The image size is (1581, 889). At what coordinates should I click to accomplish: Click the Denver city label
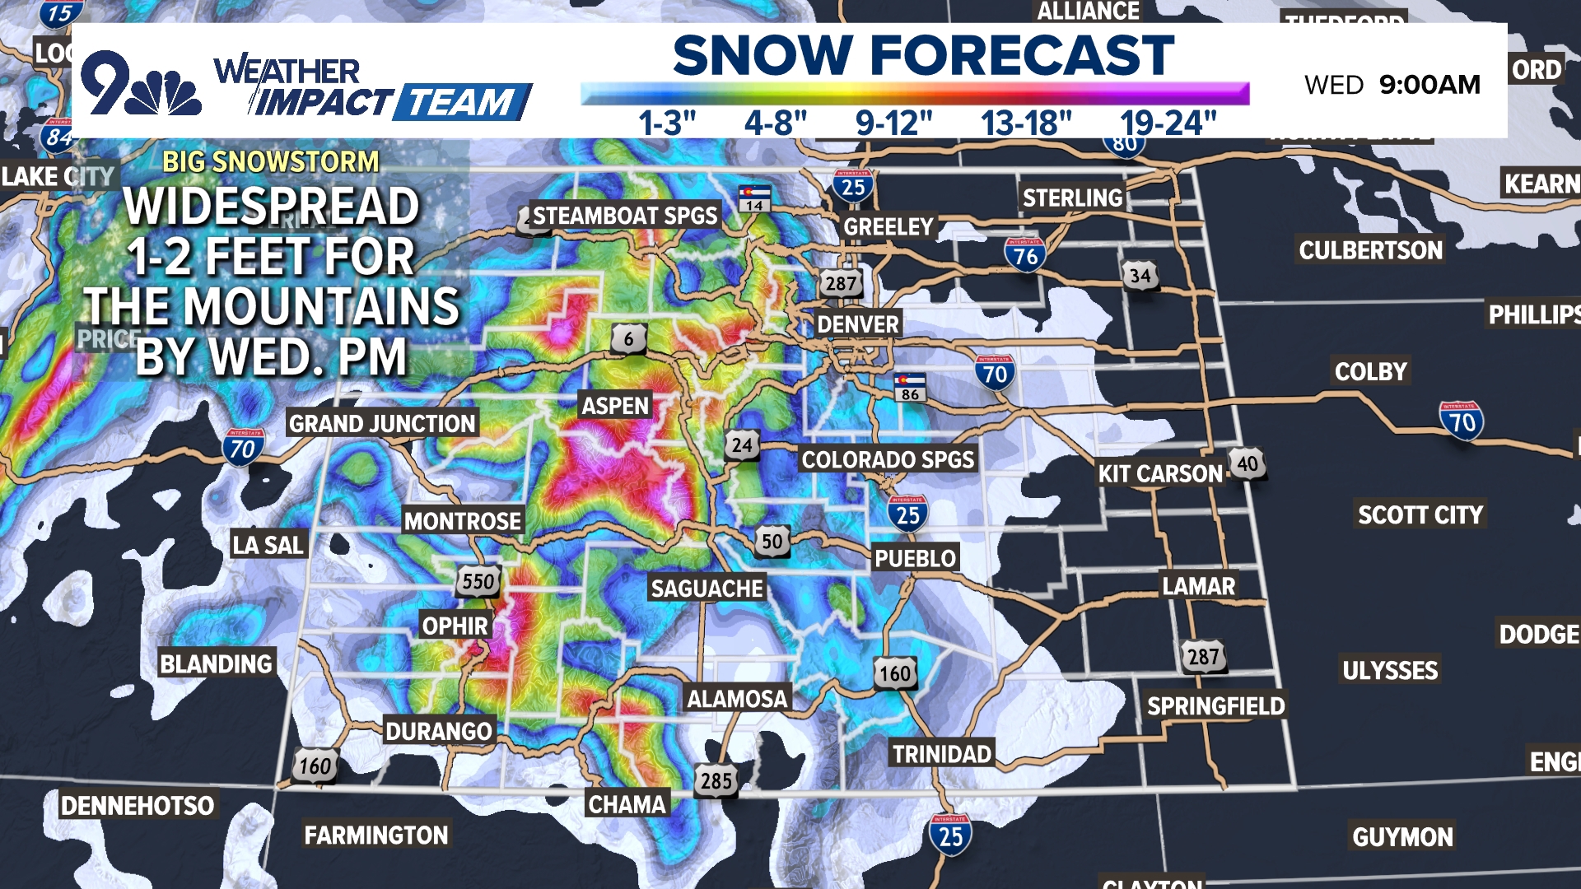tap(857, 324)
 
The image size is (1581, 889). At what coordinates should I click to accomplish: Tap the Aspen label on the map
tap(615, 406)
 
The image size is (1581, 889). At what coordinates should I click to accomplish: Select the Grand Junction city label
tap(382, 424)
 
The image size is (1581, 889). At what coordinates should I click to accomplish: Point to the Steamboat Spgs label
tap(625, 216)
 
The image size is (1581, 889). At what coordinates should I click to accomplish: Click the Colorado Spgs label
tap(888, 459)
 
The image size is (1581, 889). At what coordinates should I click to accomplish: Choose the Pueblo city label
tap(915, 558)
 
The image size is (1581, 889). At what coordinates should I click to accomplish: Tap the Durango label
tap(439, 731)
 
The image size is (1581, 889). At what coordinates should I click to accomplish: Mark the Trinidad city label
tap(942, 754)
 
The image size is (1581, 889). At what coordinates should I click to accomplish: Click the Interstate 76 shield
tap(1025, 255)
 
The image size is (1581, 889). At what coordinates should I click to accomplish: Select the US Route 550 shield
tap(478, 582)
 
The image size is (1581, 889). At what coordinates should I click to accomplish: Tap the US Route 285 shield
tap(716, 780)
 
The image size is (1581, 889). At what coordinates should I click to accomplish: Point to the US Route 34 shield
tap(1140, 276)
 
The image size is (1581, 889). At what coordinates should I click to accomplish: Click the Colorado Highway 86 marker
tap(910, 387)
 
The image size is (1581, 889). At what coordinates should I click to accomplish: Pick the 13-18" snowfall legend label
tap(1026, 123)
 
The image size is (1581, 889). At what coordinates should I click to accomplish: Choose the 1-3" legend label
tap(667, 123)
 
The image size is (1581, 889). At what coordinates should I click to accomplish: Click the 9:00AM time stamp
tap(1429, 84)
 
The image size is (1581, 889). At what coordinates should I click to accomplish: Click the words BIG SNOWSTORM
tap(271, 161)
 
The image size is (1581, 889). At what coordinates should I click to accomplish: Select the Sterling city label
tap(1072, 198)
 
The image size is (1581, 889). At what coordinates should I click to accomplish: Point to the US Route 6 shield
tap(628, 338)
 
